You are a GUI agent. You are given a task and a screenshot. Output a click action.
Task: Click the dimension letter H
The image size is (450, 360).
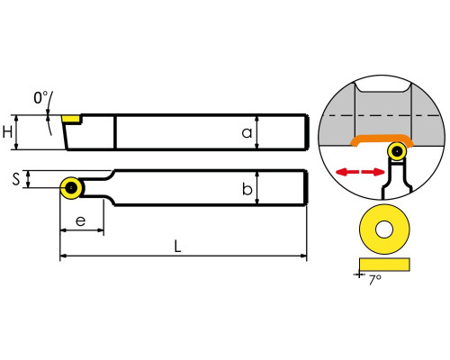tap(8, 132)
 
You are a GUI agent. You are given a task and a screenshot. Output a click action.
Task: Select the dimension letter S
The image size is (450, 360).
tap(16, 179)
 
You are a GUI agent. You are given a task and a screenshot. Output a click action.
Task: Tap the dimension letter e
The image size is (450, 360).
tap(80, 221)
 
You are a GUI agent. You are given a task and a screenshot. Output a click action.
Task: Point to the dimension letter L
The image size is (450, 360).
tap(178, 247)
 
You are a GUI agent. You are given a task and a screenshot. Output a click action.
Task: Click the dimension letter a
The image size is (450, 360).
tap(247, 132)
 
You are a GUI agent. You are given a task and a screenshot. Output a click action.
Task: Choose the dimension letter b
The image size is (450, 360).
tap(247, 189)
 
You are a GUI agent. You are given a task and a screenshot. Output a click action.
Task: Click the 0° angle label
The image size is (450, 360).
tap(40, 98)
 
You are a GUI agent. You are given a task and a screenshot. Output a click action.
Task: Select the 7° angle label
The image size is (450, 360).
tap(375, 280)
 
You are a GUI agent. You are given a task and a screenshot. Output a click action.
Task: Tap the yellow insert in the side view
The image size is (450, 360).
tap(71, 119)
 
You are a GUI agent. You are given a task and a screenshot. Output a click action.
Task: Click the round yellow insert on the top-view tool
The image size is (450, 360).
tap(72, 188)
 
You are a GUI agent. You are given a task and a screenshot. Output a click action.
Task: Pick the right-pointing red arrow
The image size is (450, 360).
tap(373, 172)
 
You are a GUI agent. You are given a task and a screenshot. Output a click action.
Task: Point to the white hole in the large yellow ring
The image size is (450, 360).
tap(384, 229)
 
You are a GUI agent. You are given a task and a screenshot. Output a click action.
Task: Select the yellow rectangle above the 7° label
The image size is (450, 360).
tap(384, 265)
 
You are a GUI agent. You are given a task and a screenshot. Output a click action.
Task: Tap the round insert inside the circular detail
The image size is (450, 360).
tap(397, 152)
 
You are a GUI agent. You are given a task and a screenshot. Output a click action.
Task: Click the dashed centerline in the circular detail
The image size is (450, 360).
tap(382, 115)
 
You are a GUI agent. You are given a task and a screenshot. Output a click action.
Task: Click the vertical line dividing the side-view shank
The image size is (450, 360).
tap(115, 132)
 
